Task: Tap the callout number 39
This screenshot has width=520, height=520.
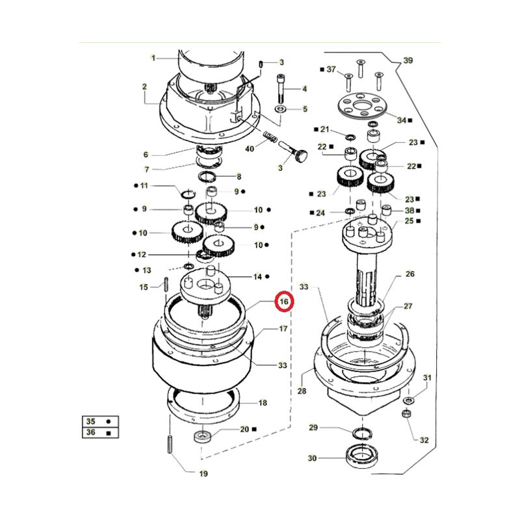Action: click(x=408, y=60)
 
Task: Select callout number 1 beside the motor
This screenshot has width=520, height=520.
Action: click(x=153, y=58)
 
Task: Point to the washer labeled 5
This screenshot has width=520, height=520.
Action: click(x=281, y=109)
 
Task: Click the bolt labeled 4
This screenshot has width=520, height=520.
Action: click(x=281, y=88)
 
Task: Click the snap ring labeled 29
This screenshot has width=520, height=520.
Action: click(x=363, y=433)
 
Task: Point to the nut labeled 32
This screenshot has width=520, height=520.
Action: click(x=407, y=413)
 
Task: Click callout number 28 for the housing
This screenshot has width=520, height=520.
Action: click(x=302, y=391)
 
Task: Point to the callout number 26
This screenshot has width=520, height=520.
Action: click(x=410, y=274)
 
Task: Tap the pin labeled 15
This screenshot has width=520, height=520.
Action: click(x=166, y=285)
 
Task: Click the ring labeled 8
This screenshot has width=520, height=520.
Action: click(x=207, y=176)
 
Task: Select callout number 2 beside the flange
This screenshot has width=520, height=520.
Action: click(x=144, y=86)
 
